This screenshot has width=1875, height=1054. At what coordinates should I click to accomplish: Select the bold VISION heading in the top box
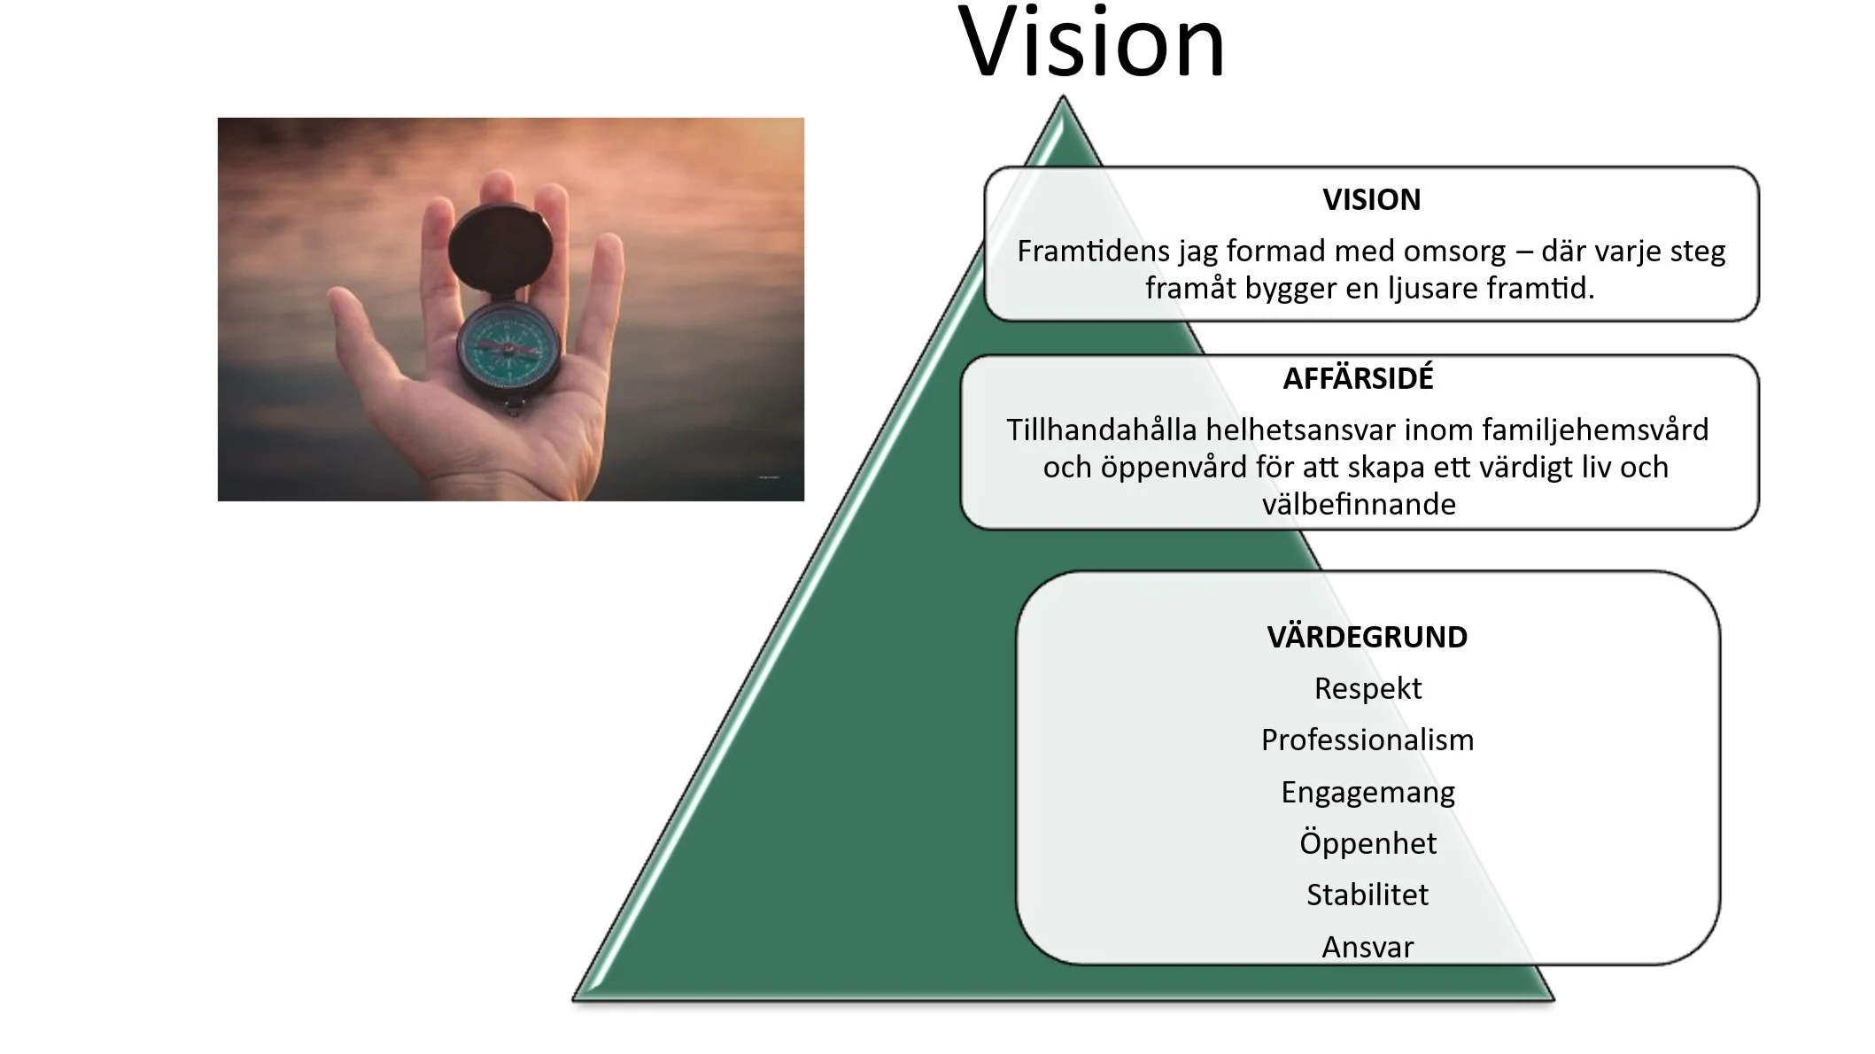1371,200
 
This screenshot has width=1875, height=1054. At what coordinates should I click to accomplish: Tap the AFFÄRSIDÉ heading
1358,379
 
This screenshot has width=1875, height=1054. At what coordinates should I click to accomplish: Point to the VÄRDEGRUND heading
1367,638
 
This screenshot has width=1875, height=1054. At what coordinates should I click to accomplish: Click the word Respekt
1368,689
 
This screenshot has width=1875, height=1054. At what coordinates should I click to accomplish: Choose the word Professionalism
1368,740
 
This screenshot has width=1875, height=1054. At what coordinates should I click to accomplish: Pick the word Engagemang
1368,793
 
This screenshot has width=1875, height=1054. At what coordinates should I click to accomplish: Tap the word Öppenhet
1368,843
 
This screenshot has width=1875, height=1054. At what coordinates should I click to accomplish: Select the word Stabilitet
1368,895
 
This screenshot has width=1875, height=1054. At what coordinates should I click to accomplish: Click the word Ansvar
1368,948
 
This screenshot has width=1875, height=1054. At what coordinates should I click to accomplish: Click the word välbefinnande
1359,505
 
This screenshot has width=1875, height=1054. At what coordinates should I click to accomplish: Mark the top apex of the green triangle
1062,99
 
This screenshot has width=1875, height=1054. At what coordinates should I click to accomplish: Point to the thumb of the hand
363,328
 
